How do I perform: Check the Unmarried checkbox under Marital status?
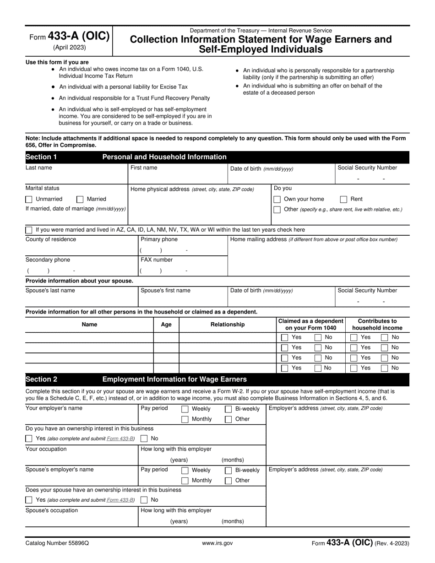29,199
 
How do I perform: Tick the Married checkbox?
80,199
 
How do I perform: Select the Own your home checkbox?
277,199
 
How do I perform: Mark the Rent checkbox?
343,199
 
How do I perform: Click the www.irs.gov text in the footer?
217,543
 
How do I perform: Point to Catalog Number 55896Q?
57,543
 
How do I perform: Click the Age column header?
166,325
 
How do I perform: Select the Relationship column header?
227,325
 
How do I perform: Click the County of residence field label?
51,239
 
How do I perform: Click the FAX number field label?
157,260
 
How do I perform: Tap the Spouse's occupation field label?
52,510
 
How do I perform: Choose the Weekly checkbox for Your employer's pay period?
185,409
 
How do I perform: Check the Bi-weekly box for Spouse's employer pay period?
228,471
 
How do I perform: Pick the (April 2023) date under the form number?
69,47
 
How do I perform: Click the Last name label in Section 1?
39,168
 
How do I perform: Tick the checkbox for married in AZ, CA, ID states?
29,230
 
